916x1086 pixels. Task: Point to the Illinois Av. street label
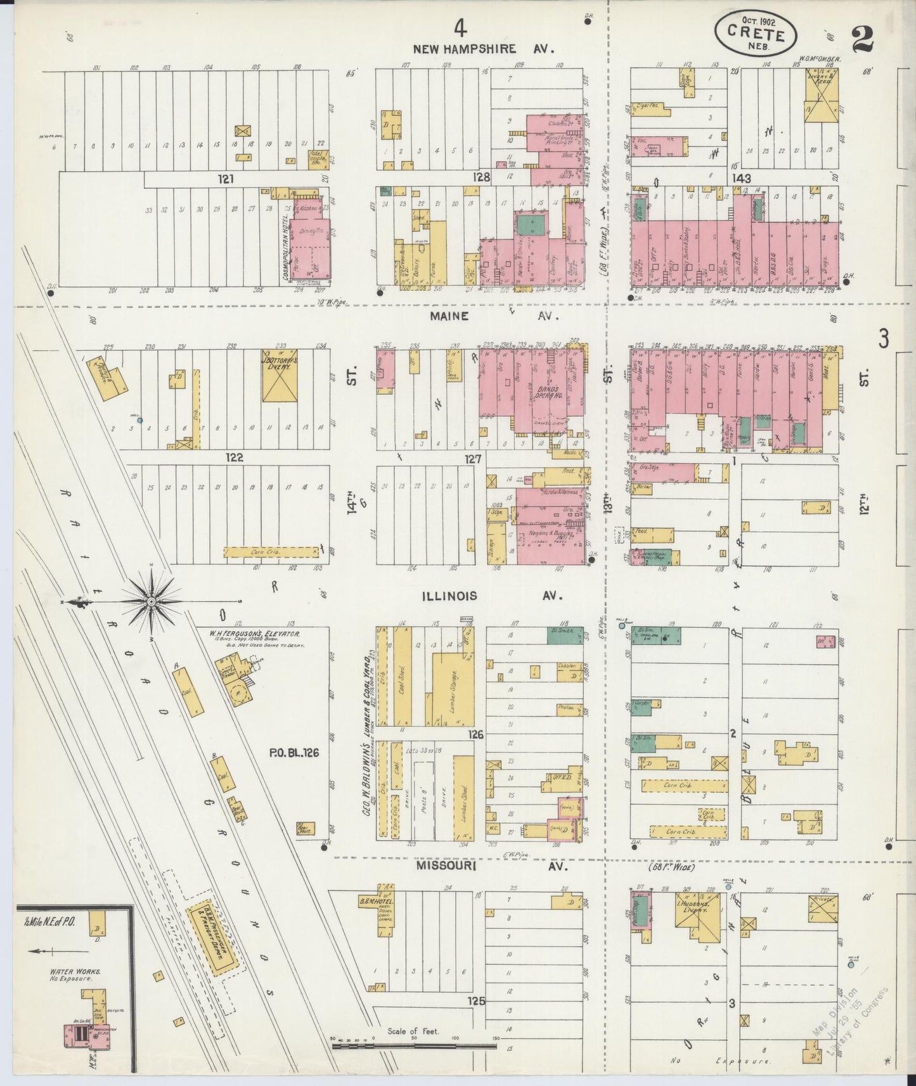479,596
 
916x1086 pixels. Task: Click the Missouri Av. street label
482,865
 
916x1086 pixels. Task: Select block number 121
226,179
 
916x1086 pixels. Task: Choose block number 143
741,179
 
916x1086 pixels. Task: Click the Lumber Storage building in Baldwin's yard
453,690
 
